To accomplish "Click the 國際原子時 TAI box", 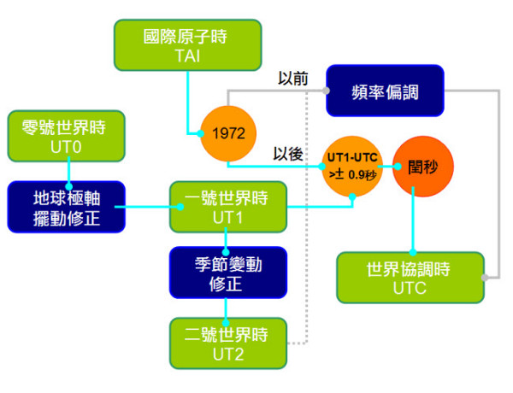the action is coord(188,44).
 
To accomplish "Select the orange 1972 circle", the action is coord(228,133).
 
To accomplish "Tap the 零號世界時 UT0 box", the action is coord(67,136).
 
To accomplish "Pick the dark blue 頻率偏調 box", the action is coord(385,91).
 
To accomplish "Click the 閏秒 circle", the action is coord(423,167).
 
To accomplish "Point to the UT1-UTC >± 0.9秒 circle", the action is coord(352,166).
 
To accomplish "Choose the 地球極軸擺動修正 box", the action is coord(67,207).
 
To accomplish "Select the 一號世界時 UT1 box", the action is coord(228,207).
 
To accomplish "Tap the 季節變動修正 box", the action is coord(228,273).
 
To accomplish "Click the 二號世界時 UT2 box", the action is coord(228,343).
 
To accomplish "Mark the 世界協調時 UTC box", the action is coord(410,278).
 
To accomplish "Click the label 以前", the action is coord(292,79).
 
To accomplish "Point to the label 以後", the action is coord(288,154).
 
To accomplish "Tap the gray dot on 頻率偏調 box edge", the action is coord(326,91).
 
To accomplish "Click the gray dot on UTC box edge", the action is coord(485,278).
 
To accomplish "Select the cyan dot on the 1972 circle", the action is coord(201,133).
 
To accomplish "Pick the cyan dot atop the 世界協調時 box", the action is coord(413,252).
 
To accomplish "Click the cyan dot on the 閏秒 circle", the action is coord(398,167).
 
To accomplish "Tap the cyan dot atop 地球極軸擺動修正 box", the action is coord(68,186).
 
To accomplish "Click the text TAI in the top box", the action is coord(187,56).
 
